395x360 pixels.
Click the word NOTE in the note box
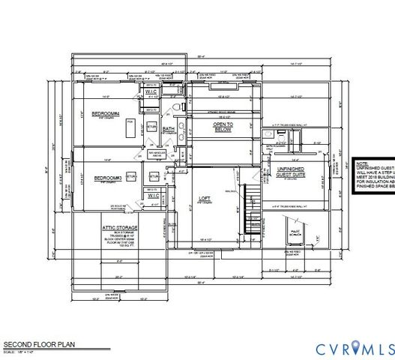[361, 161]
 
